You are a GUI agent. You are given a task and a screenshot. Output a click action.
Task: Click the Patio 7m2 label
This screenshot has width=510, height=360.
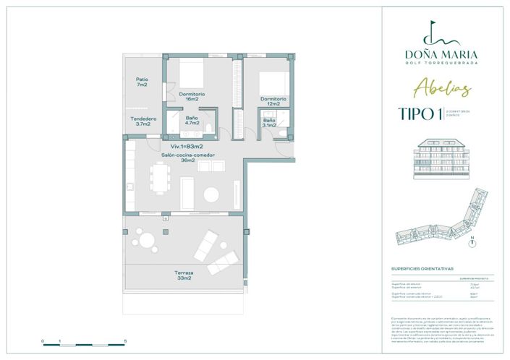[142, 82]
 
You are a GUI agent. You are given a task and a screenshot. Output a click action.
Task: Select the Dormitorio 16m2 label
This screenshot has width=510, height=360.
[192, 97]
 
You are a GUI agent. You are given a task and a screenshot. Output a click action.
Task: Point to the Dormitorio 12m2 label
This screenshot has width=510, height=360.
[273, 102]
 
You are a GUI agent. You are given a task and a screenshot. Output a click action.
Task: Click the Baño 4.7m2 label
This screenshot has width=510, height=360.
[192, 121]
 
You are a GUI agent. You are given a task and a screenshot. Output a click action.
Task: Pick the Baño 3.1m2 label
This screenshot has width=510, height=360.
[269, 124]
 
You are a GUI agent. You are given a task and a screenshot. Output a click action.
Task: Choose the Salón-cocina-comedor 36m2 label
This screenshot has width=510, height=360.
[187, 157]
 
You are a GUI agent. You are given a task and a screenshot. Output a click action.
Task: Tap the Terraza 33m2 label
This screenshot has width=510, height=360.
[183, 275]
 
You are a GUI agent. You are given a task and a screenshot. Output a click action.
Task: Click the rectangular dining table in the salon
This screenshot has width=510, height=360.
[159, 177]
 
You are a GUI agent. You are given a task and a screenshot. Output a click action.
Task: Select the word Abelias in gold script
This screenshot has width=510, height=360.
[443, 89]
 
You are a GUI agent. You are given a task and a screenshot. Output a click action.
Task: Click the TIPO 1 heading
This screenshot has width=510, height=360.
[420, 113]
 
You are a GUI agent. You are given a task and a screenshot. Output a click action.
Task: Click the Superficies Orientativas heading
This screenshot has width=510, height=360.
[422, 267]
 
